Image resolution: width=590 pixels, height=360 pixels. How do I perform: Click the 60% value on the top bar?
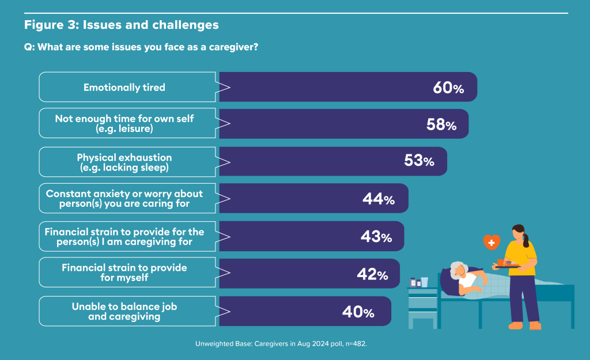448,88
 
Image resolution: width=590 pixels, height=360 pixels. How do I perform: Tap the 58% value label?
441,124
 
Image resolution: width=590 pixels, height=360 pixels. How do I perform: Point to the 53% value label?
419,161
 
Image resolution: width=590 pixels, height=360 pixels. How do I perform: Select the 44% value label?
379,199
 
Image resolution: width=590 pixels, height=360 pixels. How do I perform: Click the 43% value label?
376,237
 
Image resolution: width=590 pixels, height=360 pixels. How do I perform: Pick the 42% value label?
373,274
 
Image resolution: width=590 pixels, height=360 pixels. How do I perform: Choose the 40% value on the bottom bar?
358,312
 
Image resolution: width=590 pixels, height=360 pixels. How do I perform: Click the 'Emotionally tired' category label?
124,88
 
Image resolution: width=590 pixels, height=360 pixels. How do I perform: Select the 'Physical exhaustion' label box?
127,162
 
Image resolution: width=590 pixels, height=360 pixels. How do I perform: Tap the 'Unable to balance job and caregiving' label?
124,312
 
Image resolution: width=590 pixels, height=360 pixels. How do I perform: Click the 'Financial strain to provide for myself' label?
124,272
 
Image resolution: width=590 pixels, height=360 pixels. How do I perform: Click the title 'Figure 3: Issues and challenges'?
121,25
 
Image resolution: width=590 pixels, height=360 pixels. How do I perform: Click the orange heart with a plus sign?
491,242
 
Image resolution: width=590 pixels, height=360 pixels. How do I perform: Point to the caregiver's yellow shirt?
521,257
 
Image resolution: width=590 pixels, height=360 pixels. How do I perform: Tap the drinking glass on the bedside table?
425,282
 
